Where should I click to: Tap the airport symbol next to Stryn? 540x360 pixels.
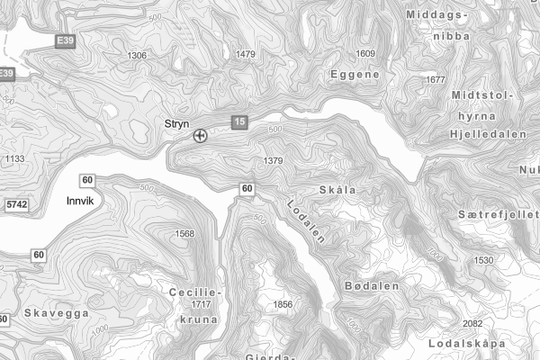pyautogui.click(x=200, y=137)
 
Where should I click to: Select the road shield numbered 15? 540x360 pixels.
pyautogui.click(x=238, y=122)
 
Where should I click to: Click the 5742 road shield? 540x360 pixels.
pyautogui.click(x=15, y=206)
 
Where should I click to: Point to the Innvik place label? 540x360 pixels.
pyautogui.click(x=80, y=202)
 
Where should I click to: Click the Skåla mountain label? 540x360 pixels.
pyautogui.click(x=337, y=190)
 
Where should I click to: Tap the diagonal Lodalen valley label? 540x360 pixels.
pyautogui.click(x=304, y=220)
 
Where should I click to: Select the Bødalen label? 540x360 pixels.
pyautogui.click(x=371, y=285)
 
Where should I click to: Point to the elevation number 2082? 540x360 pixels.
pyautogui.click(x=472, y=324)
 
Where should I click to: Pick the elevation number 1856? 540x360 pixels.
pyautogui.click(x=283, y=305)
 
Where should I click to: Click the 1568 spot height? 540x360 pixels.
pyautogui.click(x=184, y=234)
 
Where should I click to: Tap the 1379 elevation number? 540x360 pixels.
pyautogui.click(x=274, y=161)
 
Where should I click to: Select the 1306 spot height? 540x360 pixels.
pyautogui.click(x=137, y=56)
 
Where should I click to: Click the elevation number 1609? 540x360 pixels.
pyautogui.click(x=365, y=54)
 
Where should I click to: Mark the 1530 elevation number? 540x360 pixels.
pyautogui.click(x=484, y=260)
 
